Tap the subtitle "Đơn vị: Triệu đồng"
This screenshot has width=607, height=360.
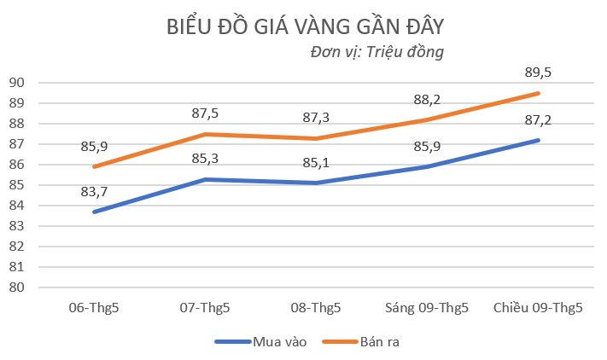378,52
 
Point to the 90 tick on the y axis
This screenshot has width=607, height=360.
18,83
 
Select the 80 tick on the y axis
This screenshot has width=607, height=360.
18,287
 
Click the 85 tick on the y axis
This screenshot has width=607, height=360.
18,185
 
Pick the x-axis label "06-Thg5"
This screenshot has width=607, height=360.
94,308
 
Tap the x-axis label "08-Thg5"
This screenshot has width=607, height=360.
316,308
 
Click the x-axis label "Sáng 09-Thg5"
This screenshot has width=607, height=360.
427,308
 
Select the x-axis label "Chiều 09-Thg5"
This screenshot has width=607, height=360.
538,308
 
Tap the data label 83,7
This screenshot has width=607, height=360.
94,192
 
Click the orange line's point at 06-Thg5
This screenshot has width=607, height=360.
94,166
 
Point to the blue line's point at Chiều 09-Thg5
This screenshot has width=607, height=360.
538,140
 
